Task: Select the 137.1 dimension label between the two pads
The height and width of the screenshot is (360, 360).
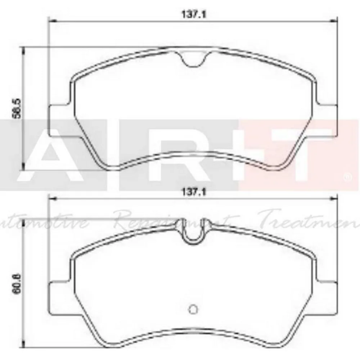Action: pyautogui.click(x=194, y=193)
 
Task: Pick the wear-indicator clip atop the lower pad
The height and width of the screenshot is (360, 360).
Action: pyautogui.click(x=193, y=234)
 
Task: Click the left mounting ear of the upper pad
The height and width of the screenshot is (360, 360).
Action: pyautogui.click(x=58, y=121)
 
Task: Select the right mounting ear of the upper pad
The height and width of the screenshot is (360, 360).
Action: pyautogui.click(x=328, y=121)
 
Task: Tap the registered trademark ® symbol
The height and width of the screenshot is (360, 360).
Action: pyautogui.click(x=347, y=177)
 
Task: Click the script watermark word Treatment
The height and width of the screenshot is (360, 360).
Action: pyautogui.click(x=310, y=220)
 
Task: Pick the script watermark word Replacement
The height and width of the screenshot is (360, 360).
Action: pyautogui.click(x=173, y=220)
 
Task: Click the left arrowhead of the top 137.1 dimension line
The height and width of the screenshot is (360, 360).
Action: pyautogui.click(x=50, y=20)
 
